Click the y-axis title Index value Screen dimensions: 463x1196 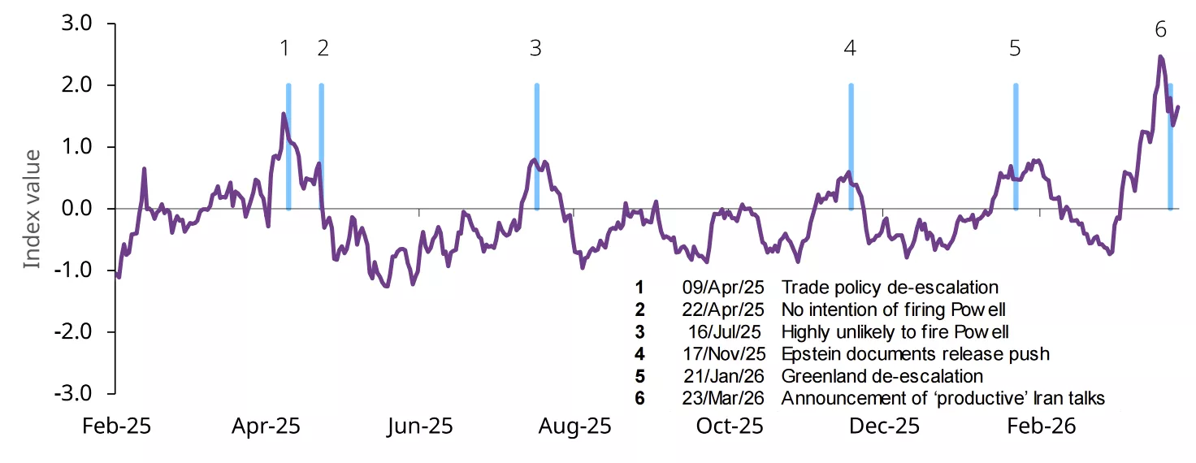(31, 209)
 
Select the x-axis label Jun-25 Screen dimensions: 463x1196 (419, 426)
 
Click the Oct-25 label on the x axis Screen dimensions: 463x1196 (730, 426)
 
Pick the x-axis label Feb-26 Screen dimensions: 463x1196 (1041, 426)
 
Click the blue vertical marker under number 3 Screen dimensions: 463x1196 (536, 146)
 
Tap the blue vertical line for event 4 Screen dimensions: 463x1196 (851, 146)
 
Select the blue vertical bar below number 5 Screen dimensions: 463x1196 (1015, 146)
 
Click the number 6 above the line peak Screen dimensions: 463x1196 (1160, 30)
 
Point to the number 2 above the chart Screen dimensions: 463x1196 (323, 49)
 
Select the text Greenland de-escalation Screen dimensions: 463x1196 (882, 376)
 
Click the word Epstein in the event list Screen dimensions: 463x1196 (809, 353)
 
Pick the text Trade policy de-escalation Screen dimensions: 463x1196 (890, 287)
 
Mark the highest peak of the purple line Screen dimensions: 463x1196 (1160, 57)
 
